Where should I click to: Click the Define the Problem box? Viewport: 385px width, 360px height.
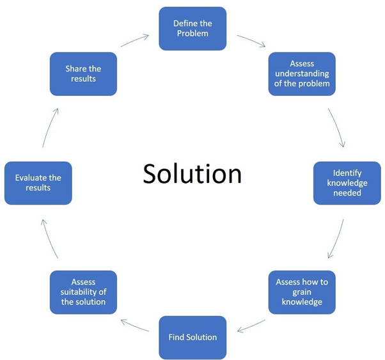click(192, 29)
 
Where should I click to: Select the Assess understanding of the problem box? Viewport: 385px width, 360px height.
click(301, 74)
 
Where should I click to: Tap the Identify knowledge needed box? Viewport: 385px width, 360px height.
click(347, 182)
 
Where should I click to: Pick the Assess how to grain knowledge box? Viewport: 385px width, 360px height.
click(301, 292)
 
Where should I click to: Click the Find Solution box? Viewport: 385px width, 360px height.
click(192, 337)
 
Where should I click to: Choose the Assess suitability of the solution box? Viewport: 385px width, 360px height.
click(83, 292)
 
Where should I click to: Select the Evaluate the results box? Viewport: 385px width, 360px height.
click(38, 182)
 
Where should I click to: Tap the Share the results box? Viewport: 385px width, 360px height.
click(83, 74)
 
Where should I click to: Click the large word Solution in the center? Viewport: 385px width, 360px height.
click(192, 173)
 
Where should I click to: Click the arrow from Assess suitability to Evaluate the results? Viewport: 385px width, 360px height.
click(49, 237)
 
